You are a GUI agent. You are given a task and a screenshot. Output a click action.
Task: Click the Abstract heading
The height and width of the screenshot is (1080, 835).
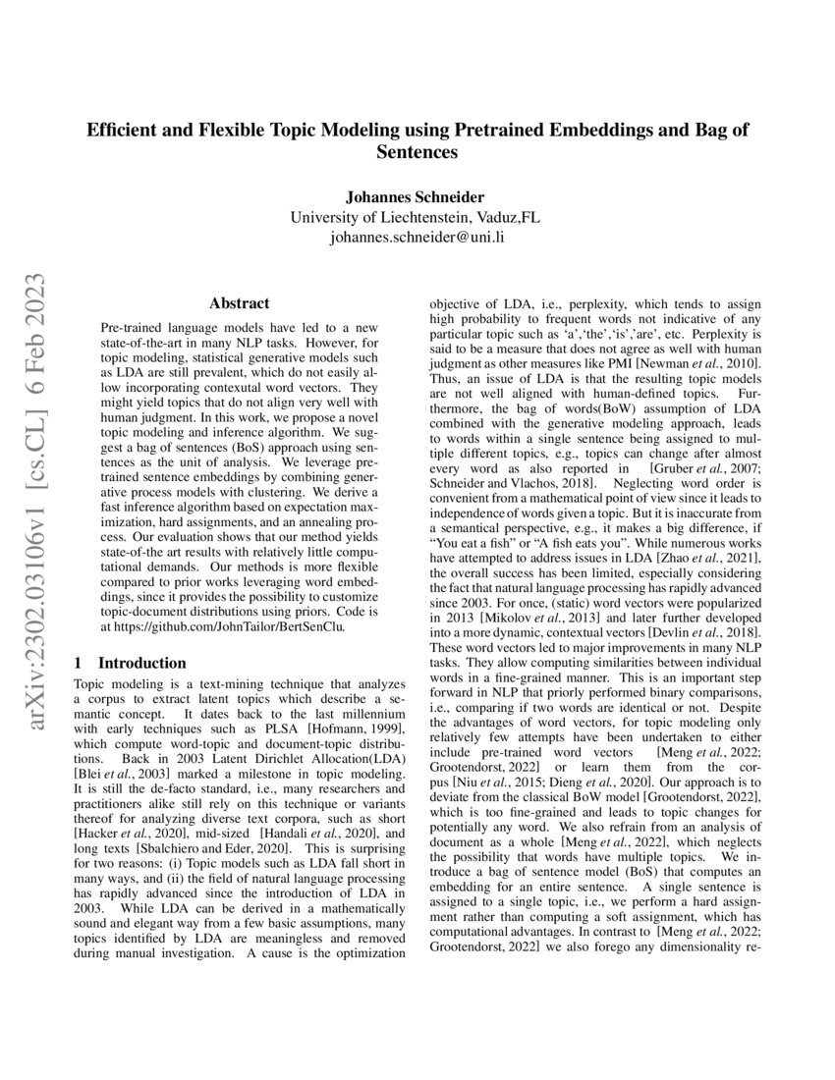tap(240, 304)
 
